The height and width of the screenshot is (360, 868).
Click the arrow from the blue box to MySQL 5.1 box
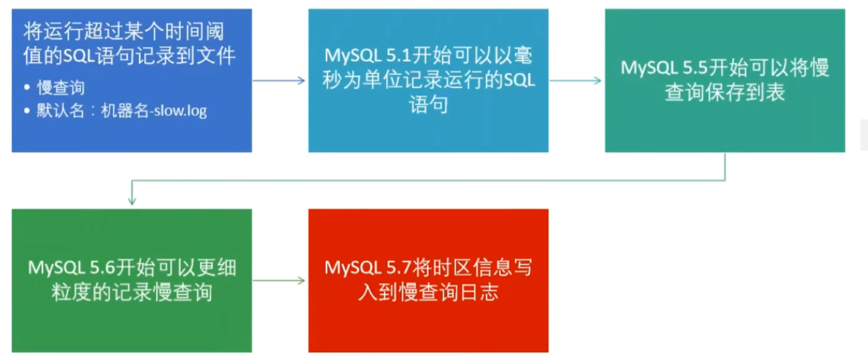pos(279,81)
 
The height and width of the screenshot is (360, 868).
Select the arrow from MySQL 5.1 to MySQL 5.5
pos(575,81)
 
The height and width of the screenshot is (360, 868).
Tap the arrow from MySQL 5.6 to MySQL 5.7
pos(279,280)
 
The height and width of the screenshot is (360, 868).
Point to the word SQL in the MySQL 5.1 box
pos(519,80)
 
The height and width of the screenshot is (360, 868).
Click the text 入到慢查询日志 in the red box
pos(428,293)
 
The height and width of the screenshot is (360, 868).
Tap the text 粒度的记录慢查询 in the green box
pos(132,293)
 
